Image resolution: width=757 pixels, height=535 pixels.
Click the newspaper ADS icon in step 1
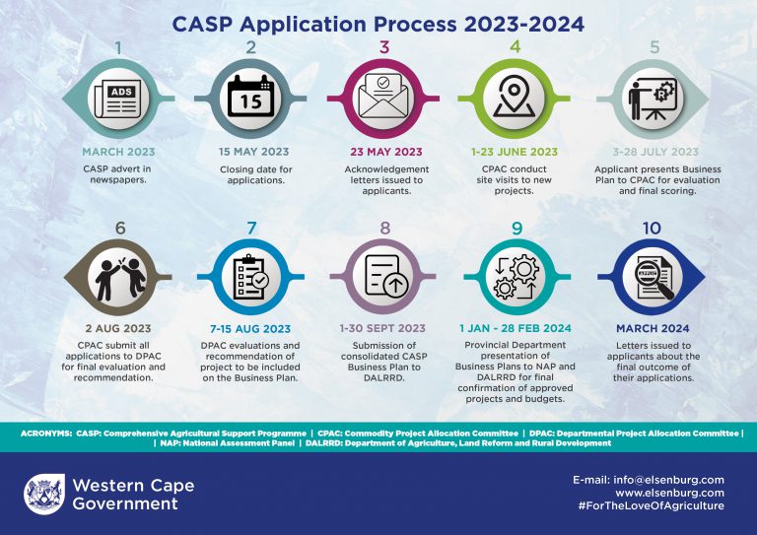[118, 99]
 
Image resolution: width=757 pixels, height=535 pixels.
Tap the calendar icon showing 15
[250, 96]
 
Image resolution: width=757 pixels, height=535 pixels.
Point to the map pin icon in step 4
[515, 97]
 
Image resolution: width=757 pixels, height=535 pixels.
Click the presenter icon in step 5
[653, 99]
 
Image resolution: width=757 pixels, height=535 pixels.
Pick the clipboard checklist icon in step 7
[251, 277]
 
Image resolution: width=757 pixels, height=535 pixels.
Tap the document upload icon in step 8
[386, 276]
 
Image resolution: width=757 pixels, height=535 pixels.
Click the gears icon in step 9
[516, 277]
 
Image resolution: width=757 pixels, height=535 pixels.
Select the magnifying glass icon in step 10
[654, 278]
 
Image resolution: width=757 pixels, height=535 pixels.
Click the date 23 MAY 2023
[386, 152]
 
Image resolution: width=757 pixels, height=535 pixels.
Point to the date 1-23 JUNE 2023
[515, 152]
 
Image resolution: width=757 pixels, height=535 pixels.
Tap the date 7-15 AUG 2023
[250, 329]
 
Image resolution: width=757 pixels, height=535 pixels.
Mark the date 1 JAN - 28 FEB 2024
[516, 328]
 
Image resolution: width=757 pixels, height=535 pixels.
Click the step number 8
[384, 228]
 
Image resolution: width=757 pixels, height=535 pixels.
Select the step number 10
[652, 228]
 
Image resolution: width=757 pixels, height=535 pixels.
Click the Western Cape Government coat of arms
[44, 494]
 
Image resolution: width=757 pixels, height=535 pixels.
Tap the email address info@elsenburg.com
[668, 480]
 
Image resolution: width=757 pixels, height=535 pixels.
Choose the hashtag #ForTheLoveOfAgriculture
[651, 505]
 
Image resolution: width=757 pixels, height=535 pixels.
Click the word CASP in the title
[202, 24]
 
